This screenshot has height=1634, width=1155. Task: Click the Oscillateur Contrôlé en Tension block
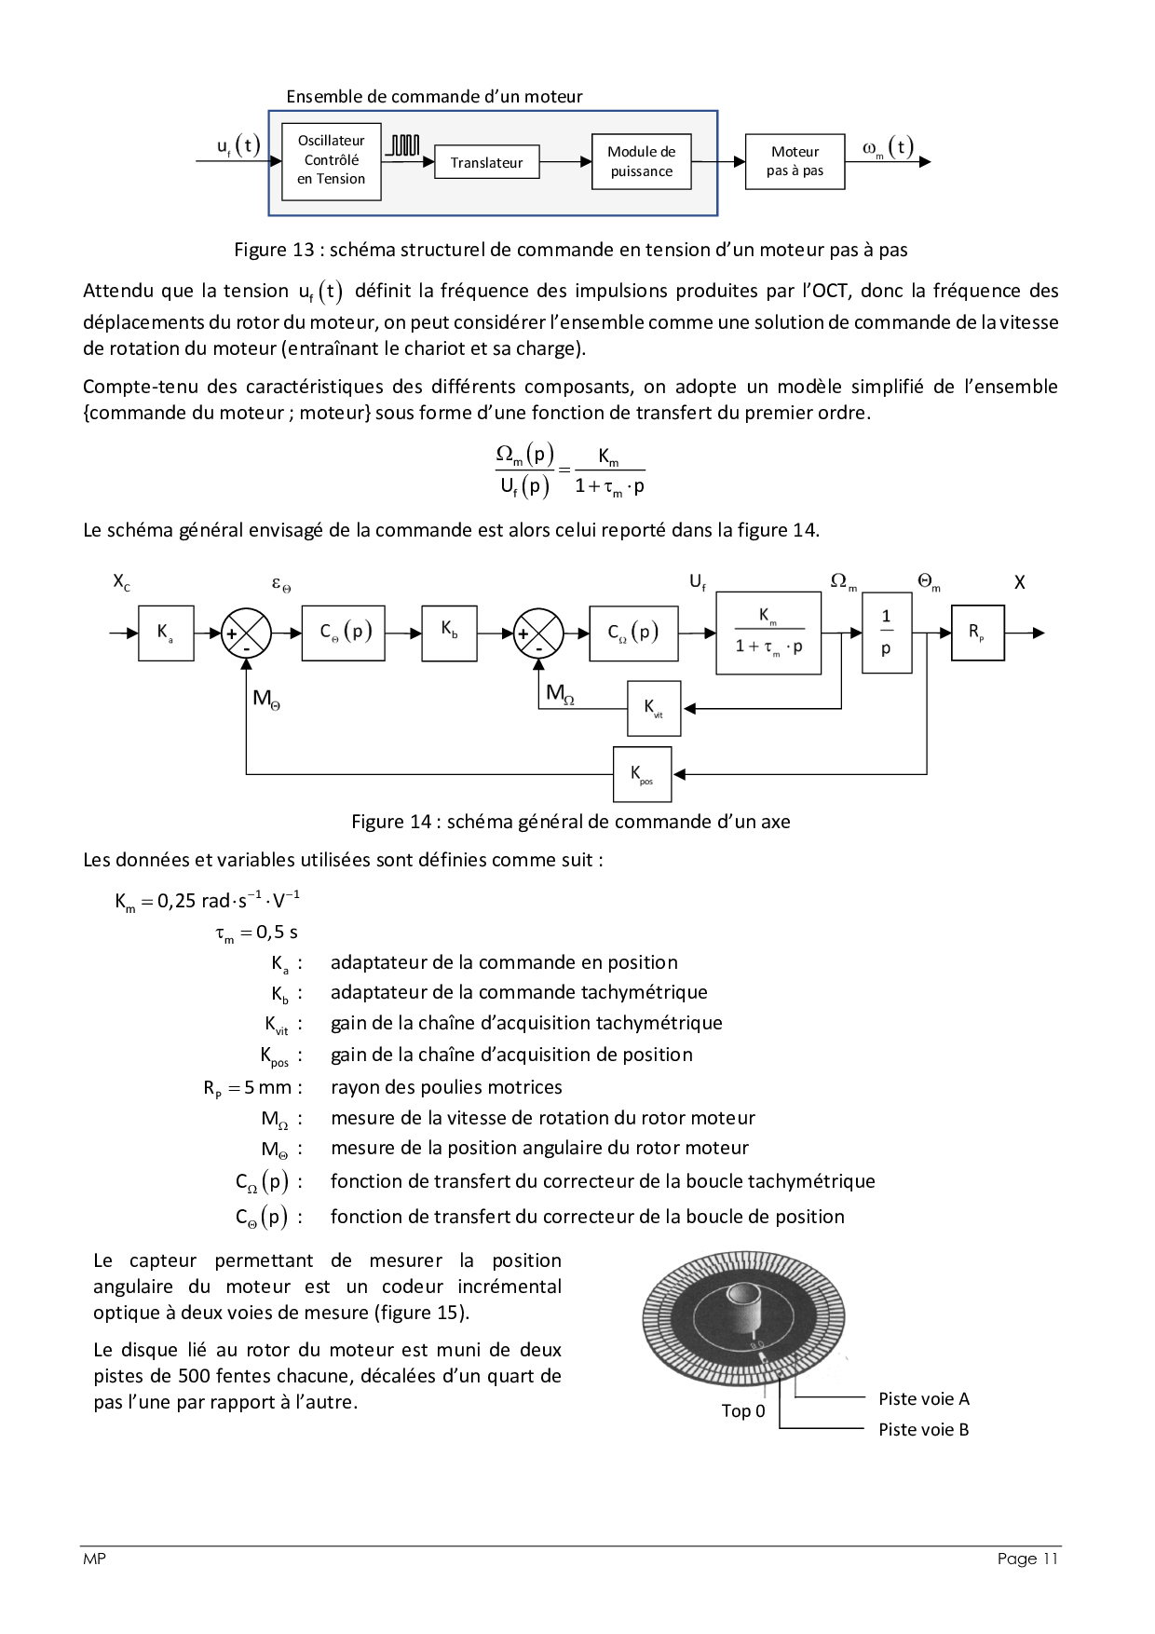pos(331,161)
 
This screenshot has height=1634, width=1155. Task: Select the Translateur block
pos(486,163)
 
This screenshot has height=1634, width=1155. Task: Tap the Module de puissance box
pos(641,161)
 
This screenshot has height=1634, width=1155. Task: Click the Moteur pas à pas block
pos(795,161)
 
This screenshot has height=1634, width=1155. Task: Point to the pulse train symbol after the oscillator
pos(403,145)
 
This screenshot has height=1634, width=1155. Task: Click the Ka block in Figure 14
pos(166,633)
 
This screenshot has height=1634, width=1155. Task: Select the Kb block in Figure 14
pos(449,633)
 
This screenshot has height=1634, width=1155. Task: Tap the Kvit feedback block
pos(654,709)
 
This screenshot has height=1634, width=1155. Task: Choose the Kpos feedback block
pos(642,774)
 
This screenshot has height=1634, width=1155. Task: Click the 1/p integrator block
pos(886,633)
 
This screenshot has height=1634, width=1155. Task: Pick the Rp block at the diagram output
pos(977,633)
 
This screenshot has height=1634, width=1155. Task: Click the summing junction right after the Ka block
pos(246,633)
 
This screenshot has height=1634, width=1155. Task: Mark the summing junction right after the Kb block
pos(538,633)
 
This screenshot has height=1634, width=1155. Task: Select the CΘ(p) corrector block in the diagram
pos(343,633)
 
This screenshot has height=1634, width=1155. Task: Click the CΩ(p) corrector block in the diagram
pos(633,633)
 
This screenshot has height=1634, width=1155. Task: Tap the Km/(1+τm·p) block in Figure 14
pos(768,633)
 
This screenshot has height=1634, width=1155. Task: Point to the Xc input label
pos(122,582)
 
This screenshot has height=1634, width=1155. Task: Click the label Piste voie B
pos(923,1429)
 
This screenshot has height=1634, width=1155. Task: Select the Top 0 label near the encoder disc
pos(743,1410)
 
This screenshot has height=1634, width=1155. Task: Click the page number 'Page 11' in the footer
pos(1027,1559)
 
